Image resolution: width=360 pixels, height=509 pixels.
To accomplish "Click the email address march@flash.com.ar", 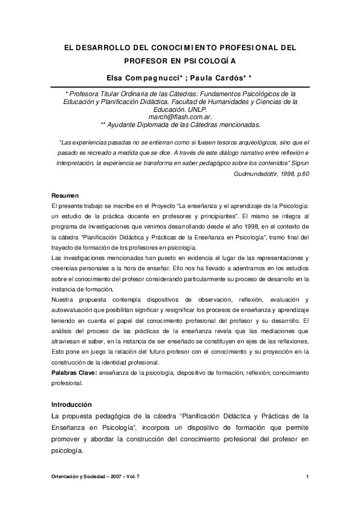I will point(181,117).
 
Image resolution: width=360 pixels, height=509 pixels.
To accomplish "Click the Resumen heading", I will point(64,197).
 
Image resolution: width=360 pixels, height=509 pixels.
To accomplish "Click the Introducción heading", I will point(71,404).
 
